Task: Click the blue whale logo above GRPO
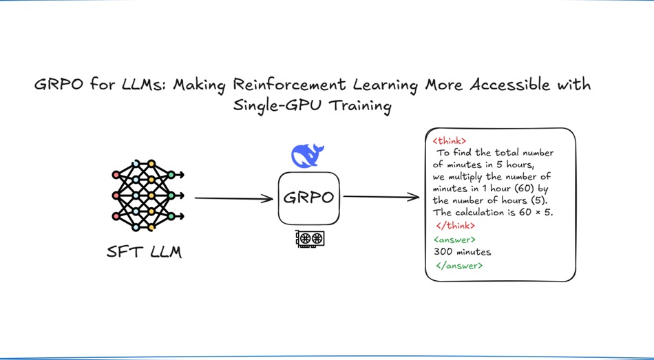point(308,156)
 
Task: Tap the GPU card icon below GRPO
point(310,239)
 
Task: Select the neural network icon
point(148,195)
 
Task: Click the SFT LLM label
point(145,252)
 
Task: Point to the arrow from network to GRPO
point(234,199)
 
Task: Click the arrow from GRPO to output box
point(381,198)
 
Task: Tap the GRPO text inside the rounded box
point(308,198)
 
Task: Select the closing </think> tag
point(456,226)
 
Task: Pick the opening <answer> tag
point(454,240)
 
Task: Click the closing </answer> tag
point(459,265)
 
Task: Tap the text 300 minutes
point(462,252)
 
